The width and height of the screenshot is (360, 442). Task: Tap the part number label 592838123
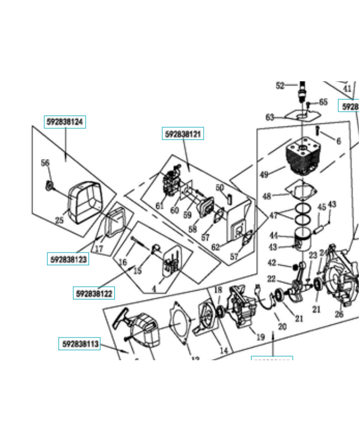point(68,259)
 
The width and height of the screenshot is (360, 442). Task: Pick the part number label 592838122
point(94,293)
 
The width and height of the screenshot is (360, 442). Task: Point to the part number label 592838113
point(80,344)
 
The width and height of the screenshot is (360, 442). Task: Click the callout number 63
point(270,117)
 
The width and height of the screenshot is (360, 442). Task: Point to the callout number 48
point(267,196)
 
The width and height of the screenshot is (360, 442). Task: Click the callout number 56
point(45,162)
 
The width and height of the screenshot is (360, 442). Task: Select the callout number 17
point(99,249)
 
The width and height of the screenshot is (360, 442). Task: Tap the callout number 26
point(339,314)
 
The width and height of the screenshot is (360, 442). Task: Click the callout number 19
point(260,336)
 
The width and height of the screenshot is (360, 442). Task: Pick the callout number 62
point(215,247)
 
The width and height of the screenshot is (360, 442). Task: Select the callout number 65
point(323,102)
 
